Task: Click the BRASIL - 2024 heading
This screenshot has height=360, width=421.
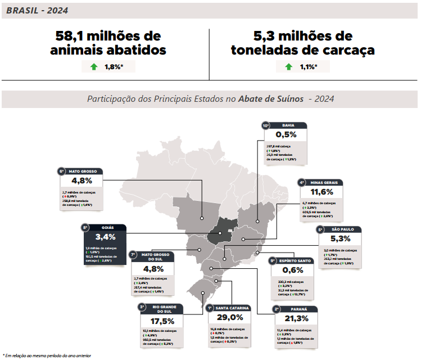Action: click(x=38, y=10)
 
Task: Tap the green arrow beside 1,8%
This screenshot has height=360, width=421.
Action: click(x=93, y=67)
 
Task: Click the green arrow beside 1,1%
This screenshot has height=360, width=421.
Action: click(x=288, y=67)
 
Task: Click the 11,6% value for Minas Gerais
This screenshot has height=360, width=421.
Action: click(x=318, y=192)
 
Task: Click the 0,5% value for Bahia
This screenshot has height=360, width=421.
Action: click(x=286, y=135)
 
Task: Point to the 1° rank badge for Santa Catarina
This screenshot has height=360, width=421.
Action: click(x=209, y=308)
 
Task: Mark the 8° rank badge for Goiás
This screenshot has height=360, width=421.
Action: click(x=85, y=228)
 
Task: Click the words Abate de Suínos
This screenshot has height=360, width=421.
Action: click(x=270, y=99)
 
